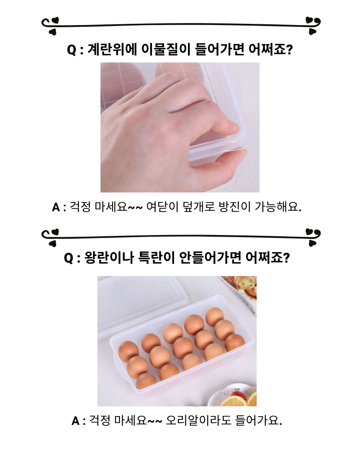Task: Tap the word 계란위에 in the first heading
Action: click(x=113, y=49)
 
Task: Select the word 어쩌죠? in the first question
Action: click(x=270, y=49)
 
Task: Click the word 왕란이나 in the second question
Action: click(x=109, y=258)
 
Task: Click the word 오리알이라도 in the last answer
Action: click(x=198, y=421)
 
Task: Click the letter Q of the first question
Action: click(x=72, y=50)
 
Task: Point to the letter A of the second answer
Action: click(x=75, y=421)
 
